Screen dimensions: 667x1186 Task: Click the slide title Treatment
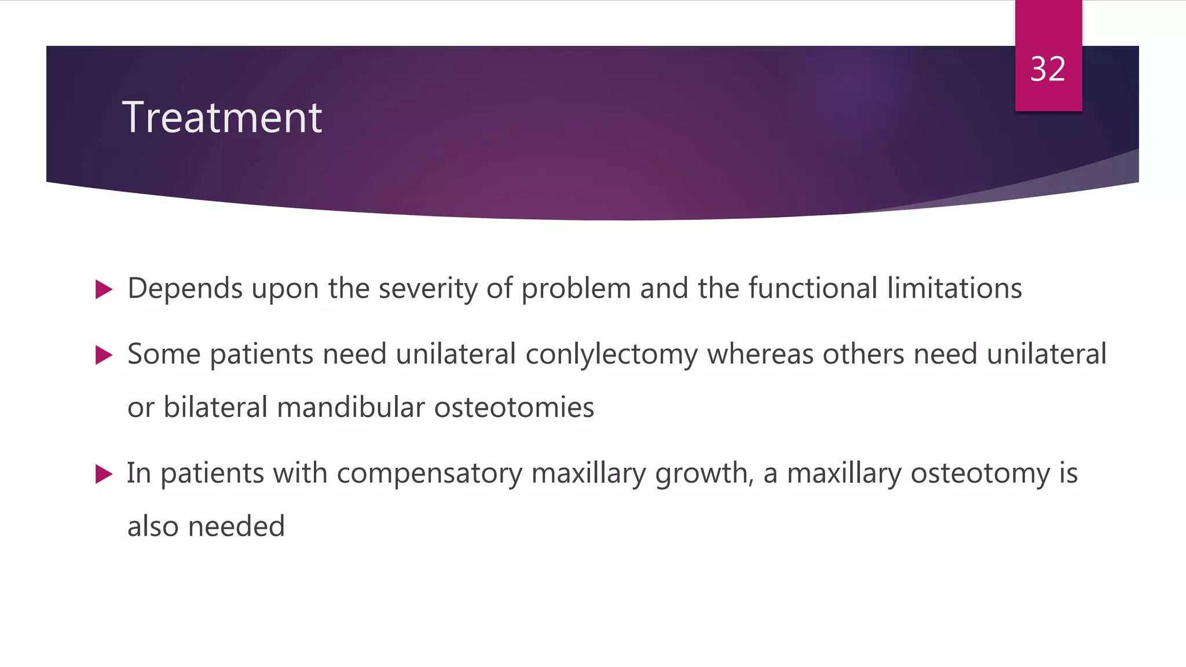[x=222, y=118]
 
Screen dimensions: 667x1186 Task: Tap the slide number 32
[x=1048, y=69]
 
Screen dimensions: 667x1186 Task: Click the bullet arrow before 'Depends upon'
[x=104, y=289]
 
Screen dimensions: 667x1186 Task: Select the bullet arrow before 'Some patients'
[x=104, y=355]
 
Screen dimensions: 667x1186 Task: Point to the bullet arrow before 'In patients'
[x=104, y=474]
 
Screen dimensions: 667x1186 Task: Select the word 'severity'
[x=428, y=288]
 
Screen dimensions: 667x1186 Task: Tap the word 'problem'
[x=576, y=288]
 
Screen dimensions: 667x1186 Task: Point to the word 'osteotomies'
[x=514, y=408]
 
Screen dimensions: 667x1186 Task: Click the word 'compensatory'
[x=429, y=474]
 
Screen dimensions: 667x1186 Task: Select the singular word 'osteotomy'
[x=980, y=474]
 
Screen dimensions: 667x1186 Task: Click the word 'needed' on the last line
[x=236, y=527]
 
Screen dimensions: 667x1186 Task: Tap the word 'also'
[x=153, y=527]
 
